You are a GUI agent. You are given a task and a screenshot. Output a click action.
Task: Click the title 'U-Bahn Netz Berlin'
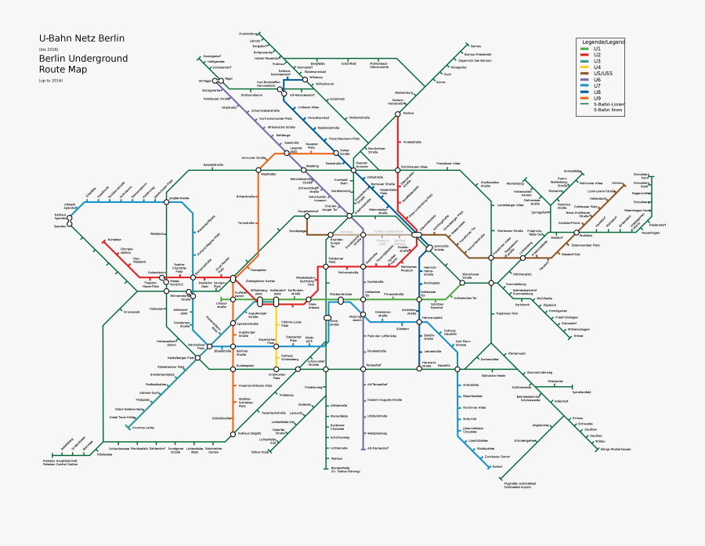point(81,38)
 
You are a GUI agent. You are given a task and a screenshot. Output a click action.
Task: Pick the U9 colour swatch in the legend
point(584,98)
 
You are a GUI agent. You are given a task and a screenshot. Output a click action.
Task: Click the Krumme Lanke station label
point(143,428)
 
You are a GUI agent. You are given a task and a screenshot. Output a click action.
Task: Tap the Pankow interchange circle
point(399,114)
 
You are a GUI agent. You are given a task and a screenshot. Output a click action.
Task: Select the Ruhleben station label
point(115,239)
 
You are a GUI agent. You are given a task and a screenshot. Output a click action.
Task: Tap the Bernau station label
point(476,46)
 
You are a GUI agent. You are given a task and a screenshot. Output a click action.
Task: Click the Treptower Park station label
point(508,313)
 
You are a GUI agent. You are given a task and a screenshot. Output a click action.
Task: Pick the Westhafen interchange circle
point(258,169)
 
